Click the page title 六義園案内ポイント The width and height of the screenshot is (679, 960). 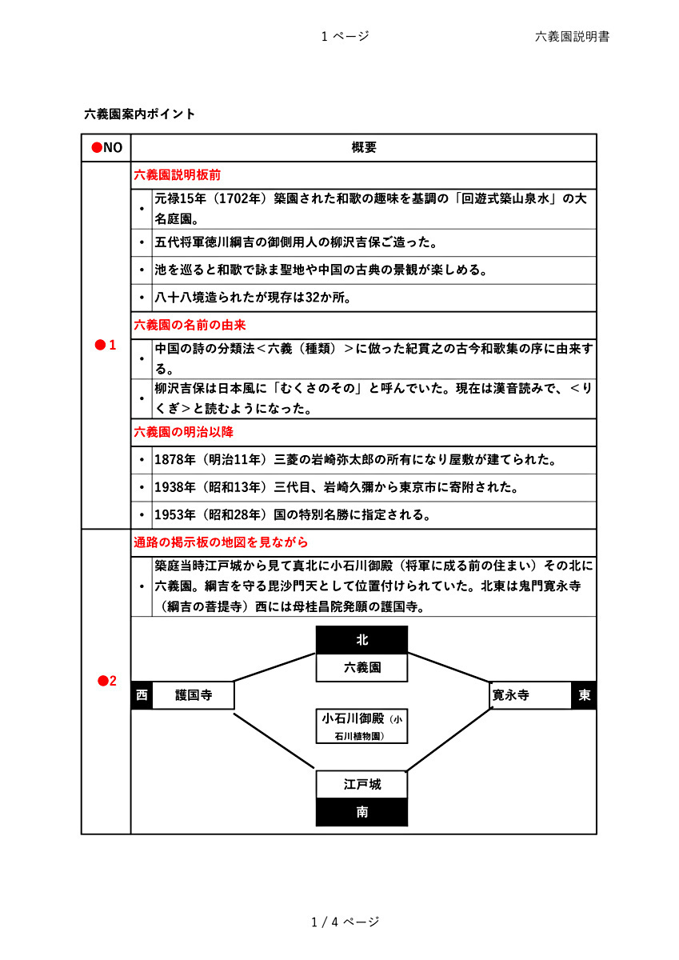[x=140, y=114]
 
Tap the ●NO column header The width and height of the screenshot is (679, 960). [x=106, y=147]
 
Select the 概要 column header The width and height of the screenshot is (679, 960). [x=364, y=147]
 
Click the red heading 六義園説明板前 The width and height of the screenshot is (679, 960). [x=177, y=174]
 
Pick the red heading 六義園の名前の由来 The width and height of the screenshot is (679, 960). [x=190, y=325]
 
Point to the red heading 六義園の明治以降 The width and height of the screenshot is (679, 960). [x=183, y=432]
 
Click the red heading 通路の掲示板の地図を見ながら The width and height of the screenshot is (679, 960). [x=221, y=542]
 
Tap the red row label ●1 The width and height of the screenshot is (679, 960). [x=106, y=346]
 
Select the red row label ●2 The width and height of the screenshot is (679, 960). [x=106, y=682]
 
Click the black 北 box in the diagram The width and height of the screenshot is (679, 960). [x=362, y=640]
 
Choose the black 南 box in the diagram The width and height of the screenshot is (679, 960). [x=362, y=812]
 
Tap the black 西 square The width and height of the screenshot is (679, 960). [x=142, y=695]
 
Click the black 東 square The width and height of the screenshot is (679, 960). [x=585, y=695]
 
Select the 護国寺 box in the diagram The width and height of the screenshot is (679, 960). [x=194, y=695]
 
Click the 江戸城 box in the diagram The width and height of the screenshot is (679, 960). [x=362, y=785]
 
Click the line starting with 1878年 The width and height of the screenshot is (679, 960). [x=355, y=460]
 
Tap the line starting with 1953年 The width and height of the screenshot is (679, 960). [x=293, y=515]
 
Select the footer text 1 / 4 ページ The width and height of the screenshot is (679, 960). [x=345, y=922]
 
